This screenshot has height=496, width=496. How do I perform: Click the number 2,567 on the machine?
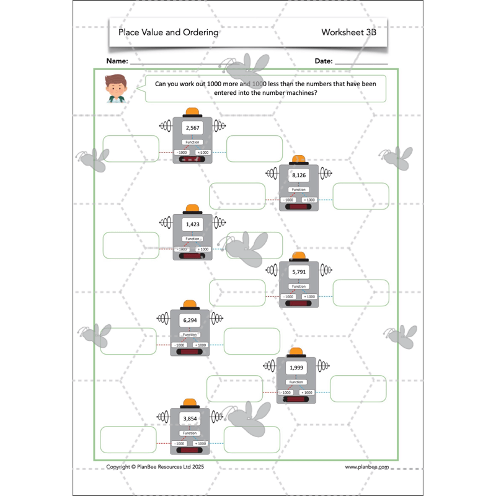point(192,128)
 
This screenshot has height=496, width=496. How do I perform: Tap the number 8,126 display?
point(299,175)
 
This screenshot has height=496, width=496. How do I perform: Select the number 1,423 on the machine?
point(192,224)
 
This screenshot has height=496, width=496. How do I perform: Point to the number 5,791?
point(299,272)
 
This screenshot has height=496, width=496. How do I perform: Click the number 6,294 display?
point(190,321)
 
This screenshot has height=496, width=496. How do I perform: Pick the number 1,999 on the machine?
point(296,368)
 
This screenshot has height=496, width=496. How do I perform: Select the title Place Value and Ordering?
point(169,32)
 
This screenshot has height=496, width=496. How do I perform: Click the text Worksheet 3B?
point(348,32)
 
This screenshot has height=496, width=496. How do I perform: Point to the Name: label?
point(117,61)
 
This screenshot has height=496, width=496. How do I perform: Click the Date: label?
point(324,61)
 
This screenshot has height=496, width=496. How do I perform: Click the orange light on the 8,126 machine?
point(299,160)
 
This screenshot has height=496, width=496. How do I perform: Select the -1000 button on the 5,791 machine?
point(288,297)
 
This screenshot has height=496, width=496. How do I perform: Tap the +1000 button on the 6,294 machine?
point(200,345)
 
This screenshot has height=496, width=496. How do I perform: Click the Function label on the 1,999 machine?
point(296,382)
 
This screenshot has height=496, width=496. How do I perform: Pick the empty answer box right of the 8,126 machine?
point(361,196)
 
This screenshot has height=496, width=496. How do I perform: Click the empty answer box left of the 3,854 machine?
point(128,440)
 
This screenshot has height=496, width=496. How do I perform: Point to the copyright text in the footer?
point(154,467)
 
